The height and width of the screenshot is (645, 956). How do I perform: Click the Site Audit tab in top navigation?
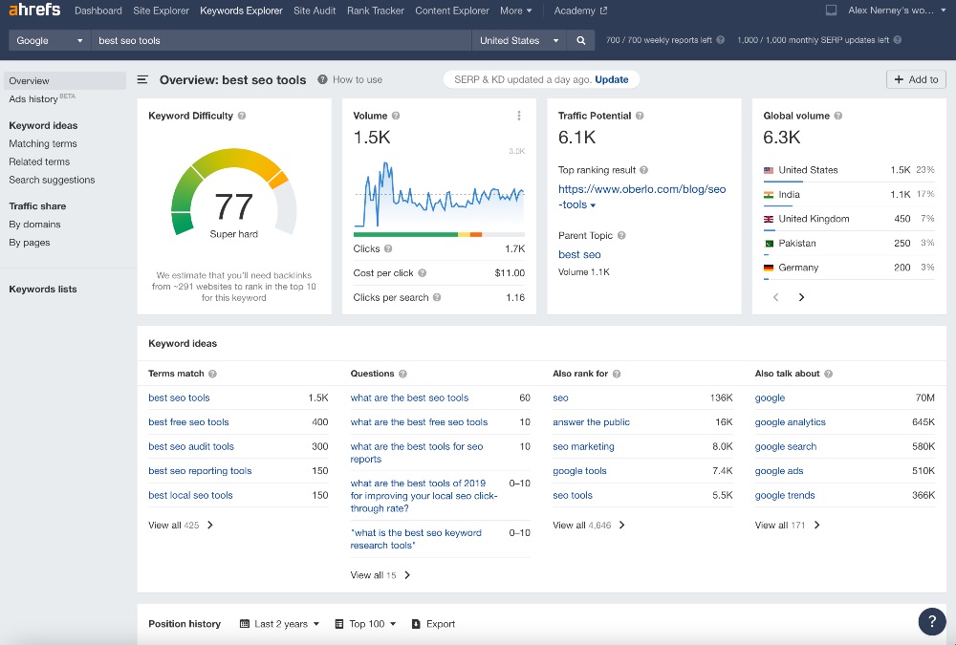coord(315,11)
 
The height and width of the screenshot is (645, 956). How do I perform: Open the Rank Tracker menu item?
coord(375,11)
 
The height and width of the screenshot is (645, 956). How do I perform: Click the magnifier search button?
coord(580,40)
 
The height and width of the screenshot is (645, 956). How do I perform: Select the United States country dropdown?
coord(519,40)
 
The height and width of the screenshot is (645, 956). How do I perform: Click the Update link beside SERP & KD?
coord(612,79)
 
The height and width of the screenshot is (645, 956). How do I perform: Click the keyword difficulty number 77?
coord(233,206)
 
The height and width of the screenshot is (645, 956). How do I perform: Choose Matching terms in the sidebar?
coord(43,143)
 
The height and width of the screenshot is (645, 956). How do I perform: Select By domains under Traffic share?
coord(34,225)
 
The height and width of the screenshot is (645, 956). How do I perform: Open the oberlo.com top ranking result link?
coord(641,196)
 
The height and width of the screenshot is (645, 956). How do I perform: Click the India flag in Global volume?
coord(769,194)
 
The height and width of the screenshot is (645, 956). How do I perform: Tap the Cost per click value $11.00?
coord(510,272)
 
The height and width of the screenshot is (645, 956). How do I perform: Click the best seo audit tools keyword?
coord(191,446)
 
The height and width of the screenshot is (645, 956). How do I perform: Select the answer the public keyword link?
coord(591,422)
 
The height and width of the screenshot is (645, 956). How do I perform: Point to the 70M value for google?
coord(924,398)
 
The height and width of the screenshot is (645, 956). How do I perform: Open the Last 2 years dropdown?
coord(279,624)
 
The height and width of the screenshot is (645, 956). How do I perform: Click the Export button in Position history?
coord(433,624)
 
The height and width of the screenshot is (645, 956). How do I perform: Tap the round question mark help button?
coord(932,621)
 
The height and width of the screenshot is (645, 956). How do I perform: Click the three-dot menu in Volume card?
coord(519,116)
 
